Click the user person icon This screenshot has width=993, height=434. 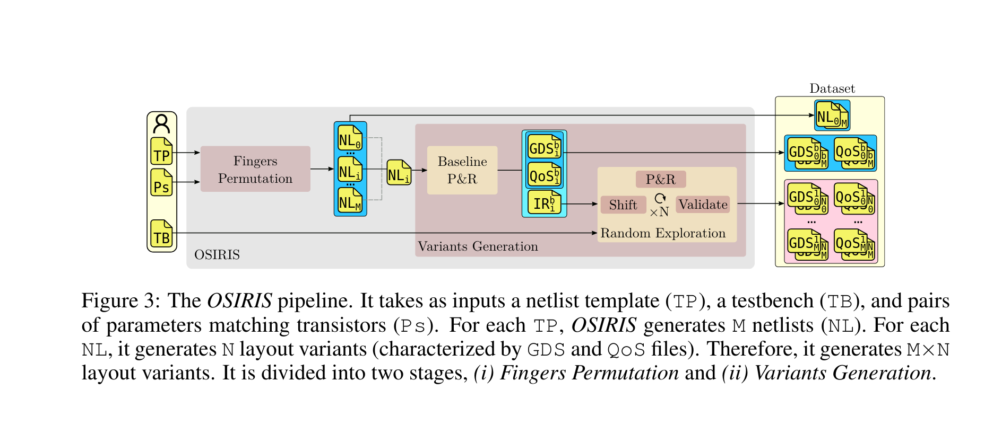[x=161, y=124]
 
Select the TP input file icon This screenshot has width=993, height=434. [x=161, y=152]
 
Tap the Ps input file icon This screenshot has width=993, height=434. [x=161, y=183]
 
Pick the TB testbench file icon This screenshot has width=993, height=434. [x=161, y=234]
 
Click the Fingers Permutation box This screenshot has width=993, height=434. [x=255, y=169]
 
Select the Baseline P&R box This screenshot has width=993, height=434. [x=462, y=170]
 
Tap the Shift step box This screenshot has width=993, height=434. [x=623, y=205]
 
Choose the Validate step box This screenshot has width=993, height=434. [x=703, y=205]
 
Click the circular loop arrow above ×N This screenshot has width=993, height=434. [x=660, y=198]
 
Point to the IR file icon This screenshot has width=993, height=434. [x=544, y=203]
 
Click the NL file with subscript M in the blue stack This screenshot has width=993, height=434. [x=350, y=201]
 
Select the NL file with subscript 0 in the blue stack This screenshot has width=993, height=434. [x=350, y=139]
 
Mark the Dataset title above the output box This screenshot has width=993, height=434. [x=832, y=88]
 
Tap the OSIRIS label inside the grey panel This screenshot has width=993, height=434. [x=217, y=255]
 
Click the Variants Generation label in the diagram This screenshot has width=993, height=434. [x=478, y=246]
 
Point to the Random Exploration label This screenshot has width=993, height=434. [x=663, y=233]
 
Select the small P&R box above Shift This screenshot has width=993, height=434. [x=661, y=179]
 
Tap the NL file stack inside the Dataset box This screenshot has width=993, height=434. [x=832, y=116]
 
